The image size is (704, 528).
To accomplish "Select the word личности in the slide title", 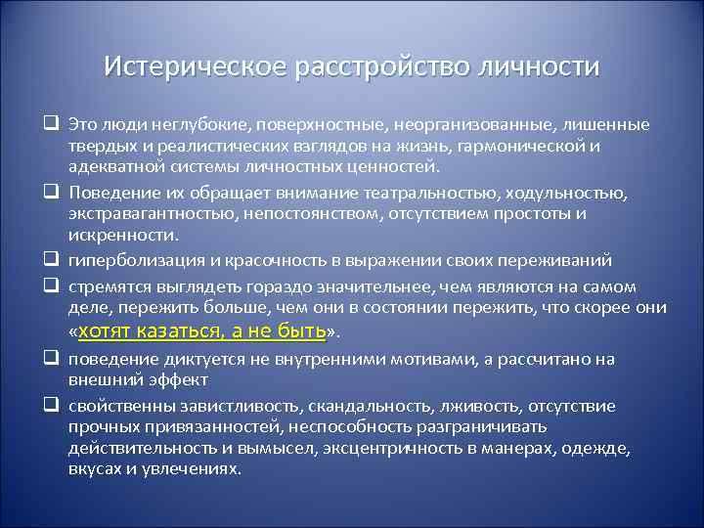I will click(x=537, y=67).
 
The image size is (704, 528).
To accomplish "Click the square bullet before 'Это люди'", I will click(x=48, y=125).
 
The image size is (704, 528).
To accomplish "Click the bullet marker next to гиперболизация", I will click(x=48, y=260).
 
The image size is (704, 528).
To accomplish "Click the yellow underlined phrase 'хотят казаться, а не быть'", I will click(x=199, y=331).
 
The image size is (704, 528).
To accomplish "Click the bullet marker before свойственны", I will click(x=48, y=405).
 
